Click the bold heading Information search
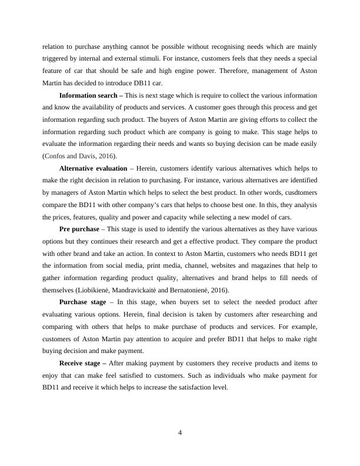86,95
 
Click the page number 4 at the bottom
180,433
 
